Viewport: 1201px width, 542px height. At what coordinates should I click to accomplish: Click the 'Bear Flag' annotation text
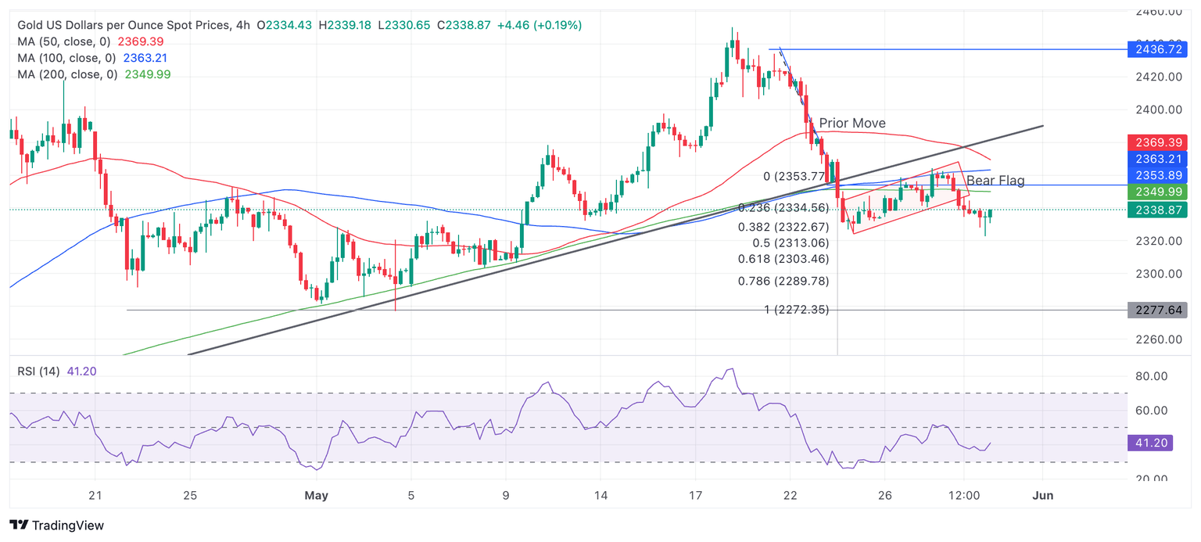995,181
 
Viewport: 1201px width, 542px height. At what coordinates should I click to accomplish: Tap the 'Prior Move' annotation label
852,124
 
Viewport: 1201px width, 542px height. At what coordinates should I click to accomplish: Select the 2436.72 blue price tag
1156,49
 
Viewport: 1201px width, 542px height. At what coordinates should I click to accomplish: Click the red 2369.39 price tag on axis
1156,142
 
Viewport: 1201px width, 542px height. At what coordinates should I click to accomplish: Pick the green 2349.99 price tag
1156,192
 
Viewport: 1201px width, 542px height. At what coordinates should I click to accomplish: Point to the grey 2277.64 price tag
1156,310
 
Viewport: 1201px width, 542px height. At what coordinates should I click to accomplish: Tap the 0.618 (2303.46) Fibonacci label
783,259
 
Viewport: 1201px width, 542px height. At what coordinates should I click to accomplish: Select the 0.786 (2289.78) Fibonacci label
783,281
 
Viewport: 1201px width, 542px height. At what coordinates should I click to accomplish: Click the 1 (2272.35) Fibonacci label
796,310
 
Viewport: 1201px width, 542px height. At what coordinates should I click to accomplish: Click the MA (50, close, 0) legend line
91,41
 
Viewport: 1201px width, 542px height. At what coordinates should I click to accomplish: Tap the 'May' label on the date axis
316,496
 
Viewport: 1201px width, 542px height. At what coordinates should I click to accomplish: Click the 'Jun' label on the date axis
1043,496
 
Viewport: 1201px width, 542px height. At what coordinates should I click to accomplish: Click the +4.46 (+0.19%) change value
540,25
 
